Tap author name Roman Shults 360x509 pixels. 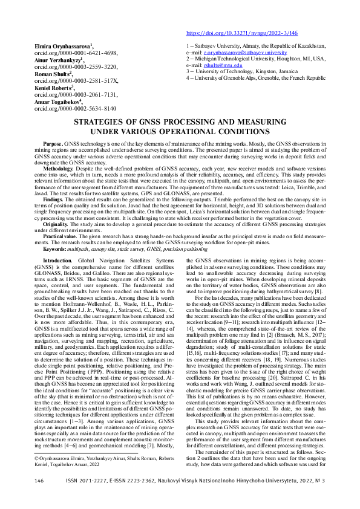pos(52,74)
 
